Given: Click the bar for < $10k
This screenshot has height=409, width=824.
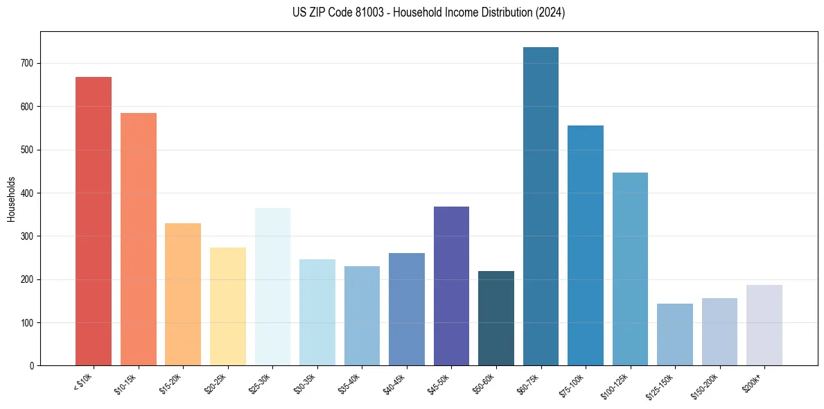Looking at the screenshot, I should (x=94, y=222).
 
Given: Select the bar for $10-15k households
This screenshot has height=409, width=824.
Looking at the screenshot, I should (x=138, y=239).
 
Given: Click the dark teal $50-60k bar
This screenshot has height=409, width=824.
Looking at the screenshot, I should (x=496, y=318).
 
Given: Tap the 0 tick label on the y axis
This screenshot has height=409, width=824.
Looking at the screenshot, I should (x=32, y=366).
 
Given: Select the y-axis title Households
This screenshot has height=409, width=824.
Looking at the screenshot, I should (x=12, y=198).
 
